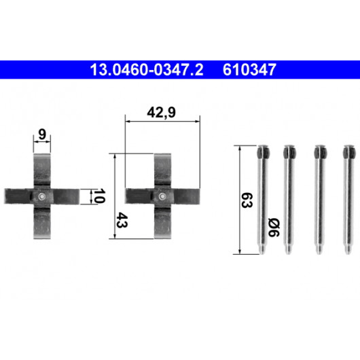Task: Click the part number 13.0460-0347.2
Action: (x=147, y=70)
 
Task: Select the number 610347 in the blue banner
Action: (x=249, y=70)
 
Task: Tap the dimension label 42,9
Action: (x=161, y=113)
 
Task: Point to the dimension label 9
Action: (x=42, y=134)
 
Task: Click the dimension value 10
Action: (x=99, y=196)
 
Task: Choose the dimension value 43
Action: (x=122, y=220)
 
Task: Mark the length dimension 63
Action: (x=247, y=200)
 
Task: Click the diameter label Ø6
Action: (x=274, y=228)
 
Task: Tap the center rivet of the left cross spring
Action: (x=41, y=196)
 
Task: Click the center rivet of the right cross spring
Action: (x=162, y=196)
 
